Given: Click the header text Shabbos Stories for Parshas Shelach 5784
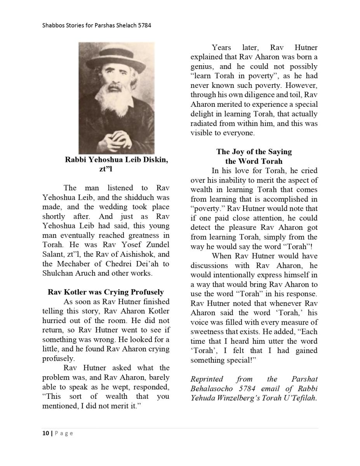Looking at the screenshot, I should [x=97, y=26].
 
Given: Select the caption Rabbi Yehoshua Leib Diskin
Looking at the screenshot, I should [x=117, y=160].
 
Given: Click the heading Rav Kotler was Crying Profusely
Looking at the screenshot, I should [x=106, y=292].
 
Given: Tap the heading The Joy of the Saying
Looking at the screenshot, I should [x=254, y=151].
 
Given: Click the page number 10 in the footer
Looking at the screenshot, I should [x=45, y=433].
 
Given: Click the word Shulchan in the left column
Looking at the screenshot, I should [x=58, y=273].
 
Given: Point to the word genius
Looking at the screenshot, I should [x=202, y=66].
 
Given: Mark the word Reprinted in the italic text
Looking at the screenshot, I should [x=207, y=379].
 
